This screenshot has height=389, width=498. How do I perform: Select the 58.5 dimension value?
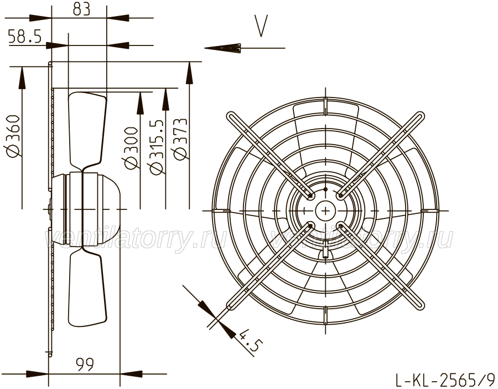(25, 36)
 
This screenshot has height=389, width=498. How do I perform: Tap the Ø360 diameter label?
(13, 136)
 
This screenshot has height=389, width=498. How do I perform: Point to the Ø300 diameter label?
(131, 147)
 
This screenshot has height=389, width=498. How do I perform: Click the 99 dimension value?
(85, 364)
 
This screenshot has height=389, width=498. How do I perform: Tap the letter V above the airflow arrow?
(261, 25)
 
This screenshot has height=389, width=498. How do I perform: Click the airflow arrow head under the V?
(222, 48)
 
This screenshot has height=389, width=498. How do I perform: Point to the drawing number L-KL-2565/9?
(445, 379)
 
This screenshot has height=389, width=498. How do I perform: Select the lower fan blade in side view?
(87, 287)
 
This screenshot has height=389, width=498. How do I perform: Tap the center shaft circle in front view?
(326, 211)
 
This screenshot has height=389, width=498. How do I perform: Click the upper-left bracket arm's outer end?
(230, 115)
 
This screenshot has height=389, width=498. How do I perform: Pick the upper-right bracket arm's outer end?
(421, 115)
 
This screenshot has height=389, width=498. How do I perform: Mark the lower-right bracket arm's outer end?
(420, 306)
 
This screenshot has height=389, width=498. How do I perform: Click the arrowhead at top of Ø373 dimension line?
(190, 73)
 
